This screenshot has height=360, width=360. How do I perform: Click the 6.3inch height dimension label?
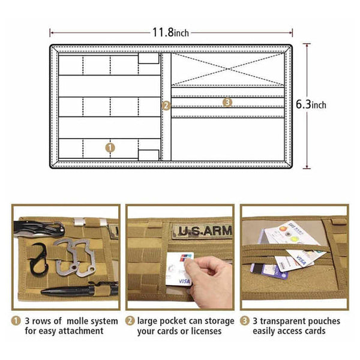click(311, 104)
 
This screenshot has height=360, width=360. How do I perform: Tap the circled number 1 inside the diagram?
click(109, 146)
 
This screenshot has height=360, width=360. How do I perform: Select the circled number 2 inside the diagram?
click(166, 106)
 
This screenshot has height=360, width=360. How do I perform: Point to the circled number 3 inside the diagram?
click(227, 103)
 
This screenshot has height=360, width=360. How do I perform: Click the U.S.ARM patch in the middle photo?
click(204, 231)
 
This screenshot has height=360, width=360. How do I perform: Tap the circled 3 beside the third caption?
click(245, 320)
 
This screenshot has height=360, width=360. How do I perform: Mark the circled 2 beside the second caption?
click(130, 320)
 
